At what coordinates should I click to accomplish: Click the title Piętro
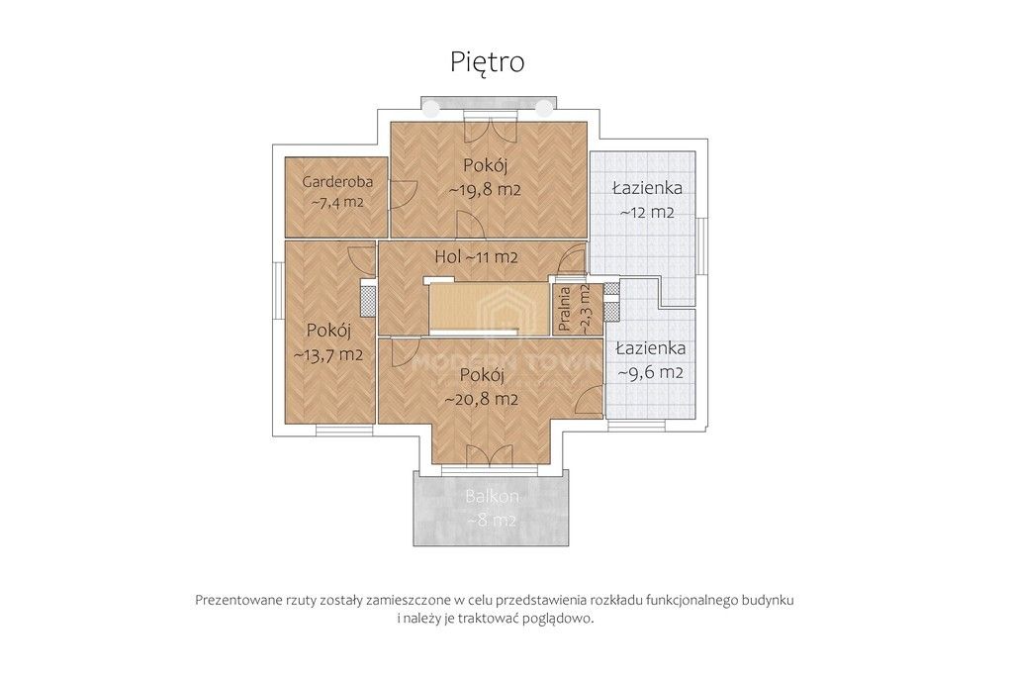pyautogui.click(x=487, y=62)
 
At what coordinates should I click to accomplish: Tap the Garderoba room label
pyautogui.click(x=337, y=181)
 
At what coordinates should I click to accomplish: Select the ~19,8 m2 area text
pyautogui.click(x=485, y=190)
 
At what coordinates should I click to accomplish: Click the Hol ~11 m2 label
pyautogui.click(x=476, y=257)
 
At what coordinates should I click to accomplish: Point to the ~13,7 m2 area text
pyautogui.click(x=328, y=354)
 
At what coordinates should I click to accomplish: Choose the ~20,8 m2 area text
pyautogui.click(x=482, y=400)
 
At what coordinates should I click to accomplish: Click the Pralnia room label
pyautogui.click(x=564, y=310)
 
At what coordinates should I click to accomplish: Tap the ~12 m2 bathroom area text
pyautogui.click(x=647, y=212)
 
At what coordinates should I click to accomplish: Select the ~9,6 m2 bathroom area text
pyautogui.click(x=651, y=373)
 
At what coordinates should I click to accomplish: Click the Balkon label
pyautogui.click(x=493, y=496)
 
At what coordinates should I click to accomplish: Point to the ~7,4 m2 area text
pyautogui.click(x=337, y=202)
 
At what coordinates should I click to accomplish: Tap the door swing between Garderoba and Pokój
pyautogui.click(x=403, y=194)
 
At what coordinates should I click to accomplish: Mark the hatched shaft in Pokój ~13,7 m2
pyautogui.click(x=368, y=299)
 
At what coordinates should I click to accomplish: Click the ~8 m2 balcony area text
pyautogui.click(x=492, y=521)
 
